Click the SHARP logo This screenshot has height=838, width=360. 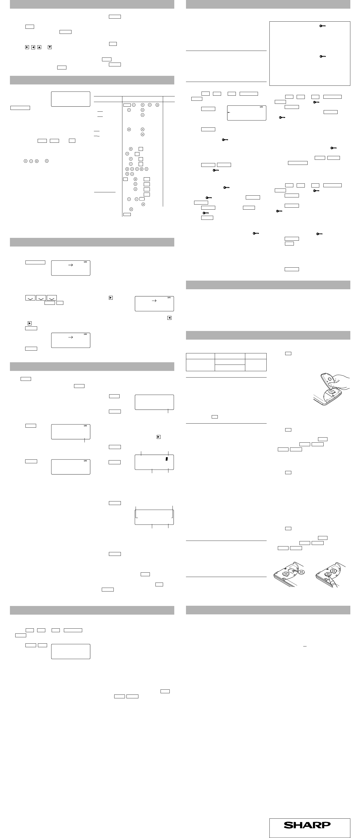pos(307,825)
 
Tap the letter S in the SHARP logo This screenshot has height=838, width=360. pos(288,825)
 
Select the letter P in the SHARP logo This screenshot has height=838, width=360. pos(326,825)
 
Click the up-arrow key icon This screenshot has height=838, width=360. pos(39,47)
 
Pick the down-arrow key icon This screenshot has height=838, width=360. pos(50,47)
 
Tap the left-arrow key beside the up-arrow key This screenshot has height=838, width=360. pos(33,47)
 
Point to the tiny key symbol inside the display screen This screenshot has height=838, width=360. pos(229,112)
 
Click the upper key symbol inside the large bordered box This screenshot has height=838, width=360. pos(322,26)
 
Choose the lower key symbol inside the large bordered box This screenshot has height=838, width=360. pos(322,56)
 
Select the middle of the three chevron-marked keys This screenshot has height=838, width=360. pos(41,298)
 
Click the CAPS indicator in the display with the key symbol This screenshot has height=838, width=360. pos(261,107)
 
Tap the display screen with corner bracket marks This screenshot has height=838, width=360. pos(154,517)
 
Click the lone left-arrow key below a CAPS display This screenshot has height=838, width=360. pos(169,318)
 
